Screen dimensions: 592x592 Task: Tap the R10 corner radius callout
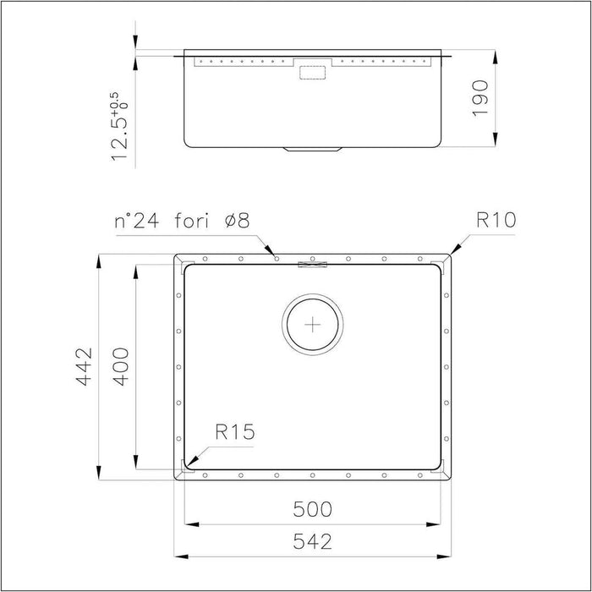point(496,222)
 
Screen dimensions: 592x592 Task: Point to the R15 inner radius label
point(234,434)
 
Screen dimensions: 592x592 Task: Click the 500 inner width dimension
point(313,510)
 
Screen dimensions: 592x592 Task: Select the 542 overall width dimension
point(313,540)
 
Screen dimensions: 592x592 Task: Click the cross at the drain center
point(314,323)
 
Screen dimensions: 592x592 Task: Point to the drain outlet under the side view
point(314,150)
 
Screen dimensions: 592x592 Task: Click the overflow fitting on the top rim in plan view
point(312,264)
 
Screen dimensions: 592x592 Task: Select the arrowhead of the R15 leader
point(189,463)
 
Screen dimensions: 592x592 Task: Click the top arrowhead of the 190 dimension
point(495,55)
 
